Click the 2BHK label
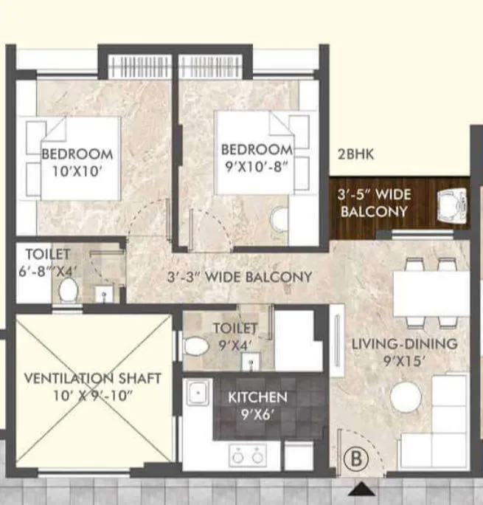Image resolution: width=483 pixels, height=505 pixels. point(355,155)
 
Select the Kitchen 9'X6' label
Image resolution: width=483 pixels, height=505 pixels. point(257,404)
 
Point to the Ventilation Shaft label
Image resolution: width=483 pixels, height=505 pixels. point(92,385)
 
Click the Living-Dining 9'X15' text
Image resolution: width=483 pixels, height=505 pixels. point(403,351)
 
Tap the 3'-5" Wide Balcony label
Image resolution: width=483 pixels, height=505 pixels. point(372,203)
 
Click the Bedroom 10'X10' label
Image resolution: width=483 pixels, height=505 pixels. point(77,162)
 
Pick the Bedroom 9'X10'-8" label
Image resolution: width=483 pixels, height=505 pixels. point(257,157)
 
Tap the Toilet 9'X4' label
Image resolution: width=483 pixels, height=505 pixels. point(234,334)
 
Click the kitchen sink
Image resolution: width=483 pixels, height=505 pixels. point(198,393)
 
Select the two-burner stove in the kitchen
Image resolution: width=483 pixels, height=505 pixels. point(248,456)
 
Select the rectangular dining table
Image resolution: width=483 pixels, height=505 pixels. point(431,294)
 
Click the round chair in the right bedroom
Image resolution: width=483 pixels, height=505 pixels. point(279,219)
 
